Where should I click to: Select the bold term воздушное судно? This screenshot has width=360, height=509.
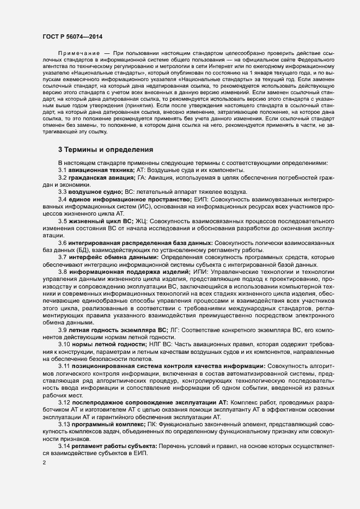click(95, 207)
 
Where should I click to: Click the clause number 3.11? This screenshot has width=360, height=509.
click(64, 382)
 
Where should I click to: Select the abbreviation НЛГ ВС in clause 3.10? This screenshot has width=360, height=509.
click(159, 361)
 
